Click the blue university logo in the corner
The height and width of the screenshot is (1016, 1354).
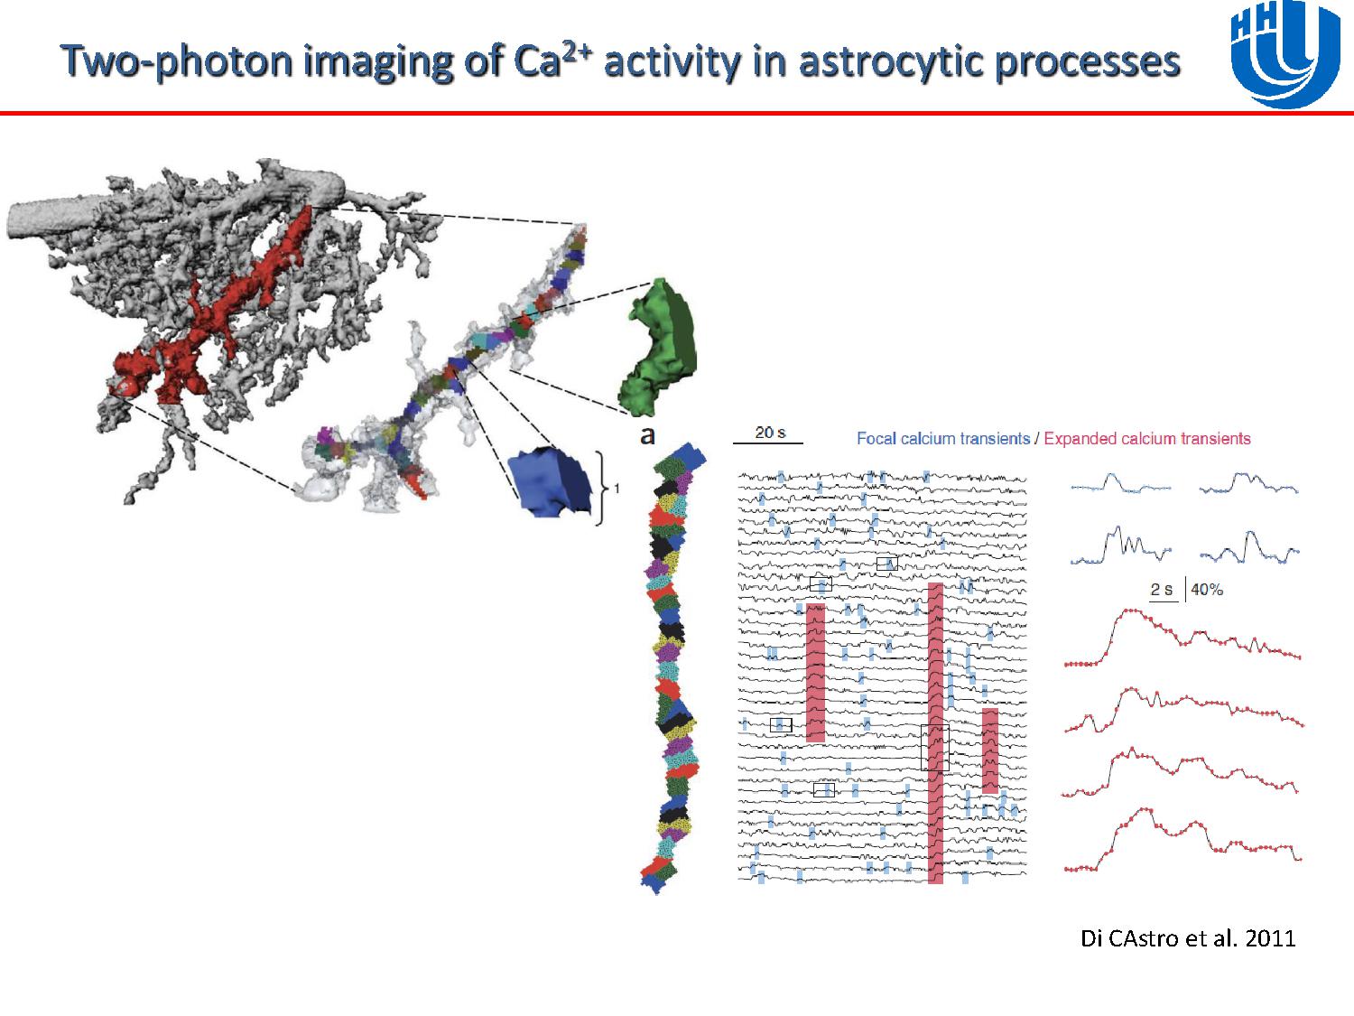(1286, 55)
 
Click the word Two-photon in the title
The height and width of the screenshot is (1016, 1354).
(176, 61)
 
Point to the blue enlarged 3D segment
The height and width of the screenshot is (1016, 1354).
(550, 480)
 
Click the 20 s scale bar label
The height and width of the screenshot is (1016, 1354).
(770, 433)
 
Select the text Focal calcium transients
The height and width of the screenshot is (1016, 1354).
(943, 439)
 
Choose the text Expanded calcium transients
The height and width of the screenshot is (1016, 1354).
(1146, 439)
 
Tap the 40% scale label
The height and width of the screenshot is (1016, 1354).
(1207, 590)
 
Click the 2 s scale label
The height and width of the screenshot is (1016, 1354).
(1162, 590)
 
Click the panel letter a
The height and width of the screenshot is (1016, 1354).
(647, 436)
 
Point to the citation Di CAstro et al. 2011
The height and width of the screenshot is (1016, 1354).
(1187, 938)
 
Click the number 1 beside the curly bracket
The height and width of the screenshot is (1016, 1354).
(617, 489)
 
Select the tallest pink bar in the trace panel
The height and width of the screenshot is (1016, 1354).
(936, 732)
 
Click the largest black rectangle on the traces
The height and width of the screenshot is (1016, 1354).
(934, 747)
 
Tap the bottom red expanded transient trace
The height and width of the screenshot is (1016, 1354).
(1182, 840)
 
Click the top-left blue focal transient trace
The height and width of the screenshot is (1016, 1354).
(1121, 483)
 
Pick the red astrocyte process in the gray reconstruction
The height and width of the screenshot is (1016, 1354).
(209, 309)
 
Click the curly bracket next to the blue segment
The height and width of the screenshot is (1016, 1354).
(599, 488)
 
